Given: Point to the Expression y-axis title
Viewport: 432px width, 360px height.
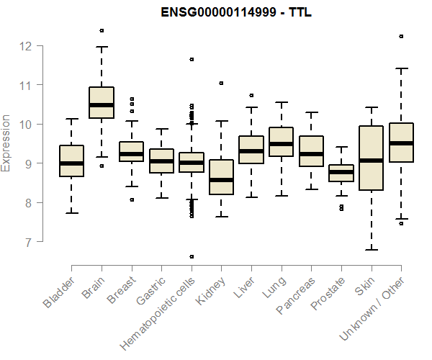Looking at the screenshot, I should tap(6, 143).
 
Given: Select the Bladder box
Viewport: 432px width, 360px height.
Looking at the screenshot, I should tap(71, 161).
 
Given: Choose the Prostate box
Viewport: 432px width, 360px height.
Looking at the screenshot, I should tap(341, 173).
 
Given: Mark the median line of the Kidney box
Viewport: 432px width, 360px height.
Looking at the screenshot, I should tap(221, 180).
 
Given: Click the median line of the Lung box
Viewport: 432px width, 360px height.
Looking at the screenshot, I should tap(281, 144).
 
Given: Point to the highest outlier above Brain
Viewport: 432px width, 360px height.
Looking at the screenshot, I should tap(102, 30).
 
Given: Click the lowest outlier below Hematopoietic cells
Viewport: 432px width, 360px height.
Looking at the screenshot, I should tap(192, 256).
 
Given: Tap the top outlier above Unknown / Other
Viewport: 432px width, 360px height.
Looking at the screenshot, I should tap(401, 36).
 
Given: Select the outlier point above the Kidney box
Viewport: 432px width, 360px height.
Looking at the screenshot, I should tap(221, 83).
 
